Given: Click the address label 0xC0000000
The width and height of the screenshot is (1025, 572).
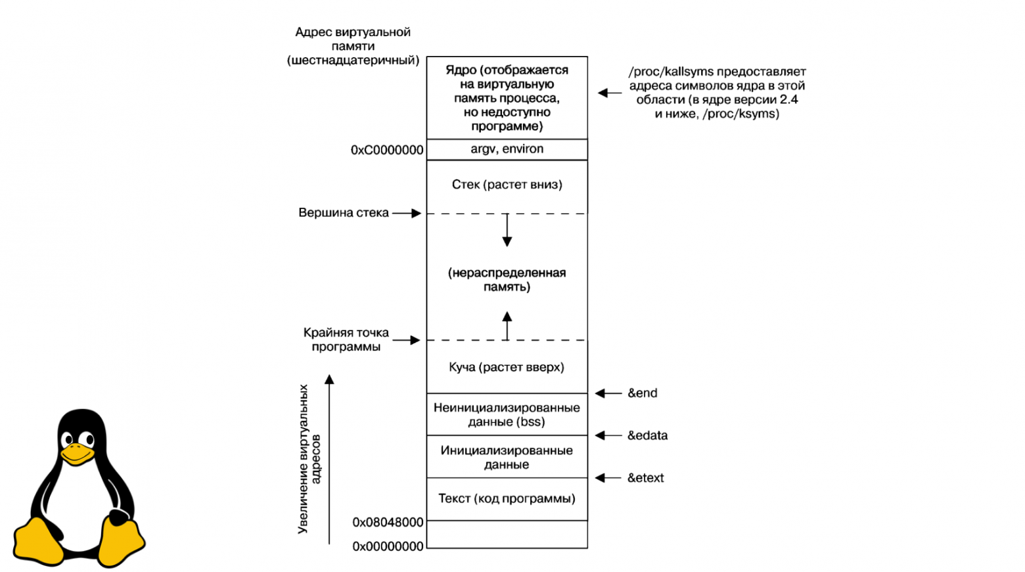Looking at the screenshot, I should click(387, 150).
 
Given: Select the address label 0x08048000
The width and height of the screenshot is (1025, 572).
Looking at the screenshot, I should click(388, 522).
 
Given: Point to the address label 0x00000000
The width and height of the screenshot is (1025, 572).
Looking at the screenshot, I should click(388, 546).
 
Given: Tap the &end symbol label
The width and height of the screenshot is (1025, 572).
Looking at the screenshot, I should click(642, 393).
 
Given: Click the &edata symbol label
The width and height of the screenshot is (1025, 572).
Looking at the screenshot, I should click(647, 435).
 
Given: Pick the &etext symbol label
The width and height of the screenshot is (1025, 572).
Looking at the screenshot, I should click(645, 478).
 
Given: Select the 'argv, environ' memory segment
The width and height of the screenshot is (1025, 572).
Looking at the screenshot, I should click(507, 149).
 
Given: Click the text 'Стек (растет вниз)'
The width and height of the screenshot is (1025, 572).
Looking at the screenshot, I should click(507, 185).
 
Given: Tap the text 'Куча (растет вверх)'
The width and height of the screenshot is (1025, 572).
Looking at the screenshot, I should click(507, 367).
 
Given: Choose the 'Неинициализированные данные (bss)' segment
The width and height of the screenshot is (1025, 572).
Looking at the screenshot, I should click(507, 415).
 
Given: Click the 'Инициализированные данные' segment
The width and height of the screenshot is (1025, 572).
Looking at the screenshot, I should click(507, 457).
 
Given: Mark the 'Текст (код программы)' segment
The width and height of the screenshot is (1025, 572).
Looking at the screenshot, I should click(507, 498).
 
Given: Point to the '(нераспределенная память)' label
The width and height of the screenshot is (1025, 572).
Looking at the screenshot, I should click(507, 279).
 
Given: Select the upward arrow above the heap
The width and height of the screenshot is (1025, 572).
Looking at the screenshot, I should click(507, 325).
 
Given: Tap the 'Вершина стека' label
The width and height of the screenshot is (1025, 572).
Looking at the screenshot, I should click(344, 213).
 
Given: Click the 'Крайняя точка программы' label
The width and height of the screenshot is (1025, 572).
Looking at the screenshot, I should click(346, 339).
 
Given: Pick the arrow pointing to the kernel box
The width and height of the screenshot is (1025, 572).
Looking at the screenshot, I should click(610, 93).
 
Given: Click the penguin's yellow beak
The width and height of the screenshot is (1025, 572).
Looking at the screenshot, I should click(77, 454).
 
